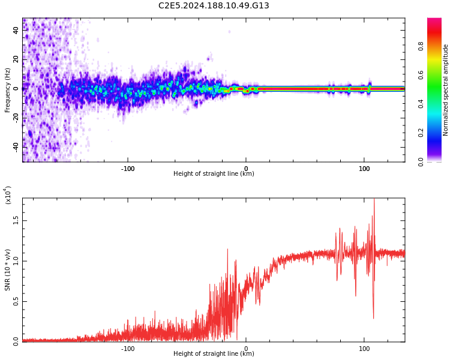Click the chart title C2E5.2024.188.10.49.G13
214,5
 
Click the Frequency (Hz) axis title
7,90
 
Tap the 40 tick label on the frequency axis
16,30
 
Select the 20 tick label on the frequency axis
16,59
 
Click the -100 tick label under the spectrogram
128,169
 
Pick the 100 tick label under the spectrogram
364,169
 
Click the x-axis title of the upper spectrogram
214,174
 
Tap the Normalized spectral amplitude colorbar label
446,90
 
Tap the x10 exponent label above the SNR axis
8,195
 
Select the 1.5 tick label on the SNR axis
16,220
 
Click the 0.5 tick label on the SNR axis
16,301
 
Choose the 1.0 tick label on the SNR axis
16,260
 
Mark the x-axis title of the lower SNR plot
214,354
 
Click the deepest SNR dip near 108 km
373,318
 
